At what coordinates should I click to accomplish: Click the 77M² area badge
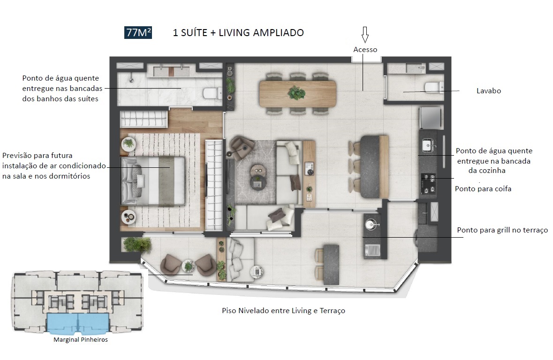[138, 32]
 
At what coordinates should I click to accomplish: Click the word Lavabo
[488, 91]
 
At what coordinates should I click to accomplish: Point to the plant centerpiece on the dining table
[296, 92]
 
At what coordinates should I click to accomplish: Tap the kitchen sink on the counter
[428, 146]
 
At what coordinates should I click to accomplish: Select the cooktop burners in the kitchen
[428, 183]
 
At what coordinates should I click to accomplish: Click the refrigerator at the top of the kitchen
[430, 117]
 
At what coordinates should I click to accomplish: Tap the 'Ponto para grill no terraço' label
[502, 230]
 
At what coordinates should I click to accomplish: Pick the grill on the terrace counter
[373, 250]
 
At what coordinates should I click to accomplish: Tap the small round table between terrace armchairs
[189, 266]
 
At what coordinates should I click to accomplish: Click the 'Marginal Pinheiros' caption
[80, 340]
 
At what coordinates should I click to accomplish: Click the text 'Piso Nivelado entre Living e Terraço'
[283, 311]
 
